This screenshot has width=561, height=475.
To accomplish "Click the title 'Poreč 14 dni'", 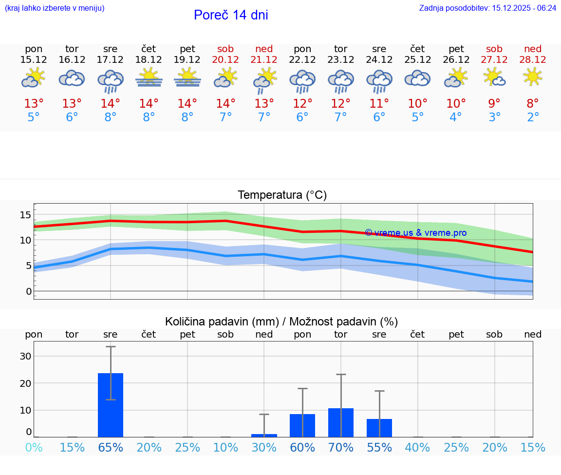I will click(x=231, y=15).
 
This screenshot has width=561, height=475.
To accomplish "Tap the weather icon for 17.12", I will click(x=111, y=80).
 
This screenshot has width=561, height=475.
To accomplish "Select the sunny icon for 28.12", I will click(x=533, y=76).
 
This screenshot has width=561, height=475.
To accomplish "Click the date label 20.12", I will click(x=225, y=59).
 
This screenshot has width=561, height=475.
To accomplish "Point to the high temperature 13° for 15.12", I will click(x=34, y=103).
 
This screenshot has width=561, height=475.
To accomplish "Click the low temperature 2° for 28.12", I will click(x=533, y=117).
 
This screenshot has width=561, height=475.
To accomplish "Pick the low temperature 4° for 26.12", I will click(x=456, y=117).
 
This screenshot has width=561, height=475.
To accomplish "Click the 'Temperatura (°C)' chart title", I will click(x=282, y=195).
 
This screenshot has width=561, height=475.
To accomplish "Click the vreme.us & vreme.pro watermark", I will click(x=416, y=233).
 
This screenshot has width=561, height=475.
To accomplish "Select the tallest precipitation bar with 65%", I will click(x=111, y=405).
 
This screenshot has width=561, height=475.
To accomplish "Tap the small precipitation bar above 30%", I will click(x=264, y=435).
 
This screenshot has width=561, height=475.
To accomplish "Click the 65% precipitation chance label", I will click(x=111, y=447).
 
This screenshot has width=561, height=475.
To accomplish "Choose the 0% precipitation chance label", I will click(x=34, y=447).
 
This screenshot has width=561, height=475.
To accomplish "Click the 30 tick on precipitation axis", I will click(x=25, y=356).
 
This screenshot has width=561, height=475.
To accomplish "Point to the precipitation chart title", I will click(x=281, y=322).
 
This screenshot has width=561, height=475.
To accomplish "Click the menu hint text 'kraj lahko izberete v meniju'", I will click(x=55, y=8).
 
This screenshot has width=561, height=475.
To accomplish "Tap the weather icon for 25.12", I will click(x=417, y=78).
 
